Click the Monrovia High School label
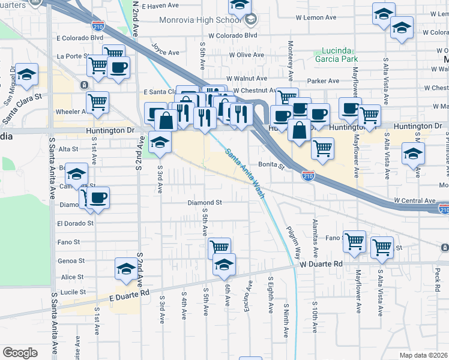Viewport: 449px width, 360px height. point(199,20)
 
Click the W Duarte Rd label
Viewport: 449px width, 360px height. point(321,264)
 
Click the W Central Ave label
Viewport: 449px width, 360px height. point(414,200)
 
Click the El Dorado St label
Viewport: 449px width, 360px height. point(75,223)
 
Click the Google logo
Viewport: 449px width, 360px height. point(20,352)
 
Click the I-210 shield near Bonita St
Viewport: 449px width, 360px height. point(307,176)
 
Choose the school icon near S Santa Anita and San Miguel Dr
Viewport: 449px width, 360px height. point(26,74)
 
